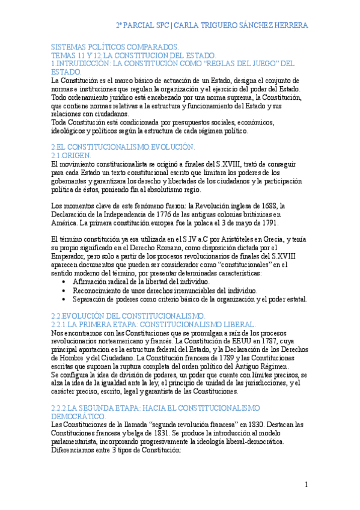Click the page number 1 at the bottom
[x=306, y=485]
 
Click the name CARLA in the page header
[x=190, y=25]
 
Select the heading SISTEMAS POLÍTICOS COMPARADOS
[x=114, y=47]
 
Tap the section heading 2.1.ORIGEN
[x=72, y=155]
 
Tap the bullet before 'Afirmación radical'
[x=65, y=281]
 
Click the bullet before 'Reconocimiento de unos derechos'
[x=65, y=290]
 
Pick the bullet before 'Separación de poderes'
[x=65, y=299]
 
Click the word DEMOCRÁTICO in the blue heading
[x=78, y=416]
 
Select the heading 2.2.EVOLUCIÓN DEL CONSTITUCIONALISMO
[x=128, y=315]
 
